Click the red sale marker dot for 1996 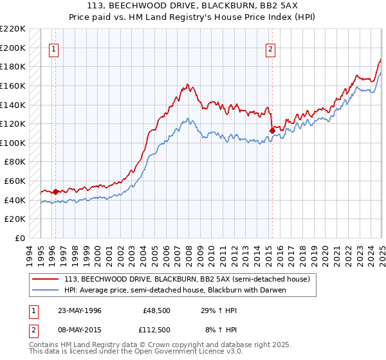tap(55, 192)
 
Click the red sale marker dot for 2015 tap(272, 130)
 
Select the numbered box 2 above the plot tap(271, 48)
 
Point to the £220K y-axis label tap(13, 29)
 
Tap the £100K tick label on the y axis tap(13, 143)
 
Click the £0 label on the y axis tap(19, 238)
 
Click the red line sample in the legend tap(46, 279)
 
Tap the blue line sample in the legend tap(46, 289)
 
